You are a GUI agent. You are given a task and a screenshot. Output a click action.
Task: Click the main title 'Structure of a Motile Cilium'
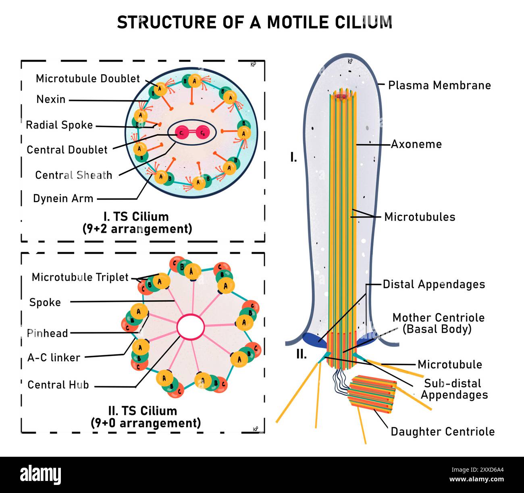click(x=254, y=22)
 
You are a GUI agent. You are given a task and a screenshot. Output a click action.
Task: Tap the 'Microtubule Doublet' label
click(x=87, y=79)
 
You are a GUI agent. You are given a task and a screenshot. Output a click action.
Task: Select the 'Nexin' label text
click(x=51, y=99)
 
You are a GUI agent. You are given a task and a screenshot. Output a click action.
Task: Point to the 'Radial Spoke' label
click(x=59, y=125)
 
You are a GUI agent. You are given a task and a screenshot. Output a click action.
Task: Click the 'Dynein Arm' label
click(x=63, y=199)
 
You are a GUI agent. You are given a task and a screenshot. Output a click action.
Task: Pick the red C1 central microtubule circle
click(x=182, y=133)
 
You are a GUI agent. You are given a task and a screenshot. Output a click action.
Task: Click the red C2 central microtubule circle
click(x=203, y=133)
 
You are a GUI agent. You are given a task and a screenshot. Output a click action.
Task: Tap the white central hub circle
click(x=191, y=327)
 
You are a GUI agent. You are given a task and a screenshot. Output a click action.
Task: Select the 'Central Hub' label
click(x=58, y=385)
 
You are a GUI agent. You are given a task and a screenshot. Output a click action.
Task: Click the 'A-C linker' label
click(x=54, y=357)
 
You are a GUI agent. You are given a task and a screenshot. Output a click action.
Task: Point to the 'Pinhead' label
click(x=47, y=333)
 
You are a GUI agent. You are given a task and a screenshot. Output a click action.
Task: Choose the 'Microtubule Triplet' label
click(x=80, y=277)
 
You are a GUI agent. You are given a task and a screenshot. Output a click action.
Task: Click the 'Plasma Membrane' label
click(x=439, y=85)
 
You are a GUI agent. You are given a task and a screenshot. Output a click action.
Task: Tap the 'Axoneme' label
click(x=416, y=144)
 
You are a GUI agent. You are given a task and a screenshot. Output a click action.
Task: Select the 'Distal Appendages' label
click(x=434, y=284)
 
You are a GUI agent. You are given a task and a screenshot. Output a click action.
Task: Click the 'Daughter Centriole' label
click(x=443, y=431)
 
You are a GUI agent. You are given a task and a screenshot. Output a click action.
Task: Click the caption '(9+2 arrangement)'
click(x=137, y=229)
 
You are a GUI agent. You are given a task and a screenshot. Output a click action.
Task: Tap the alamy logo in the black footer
click(x=40, y=474)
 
